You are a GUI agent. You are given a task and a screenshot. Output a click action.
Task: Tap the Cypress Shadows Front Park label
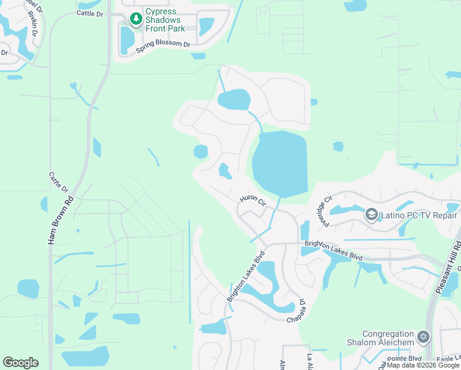[x=165, y=20]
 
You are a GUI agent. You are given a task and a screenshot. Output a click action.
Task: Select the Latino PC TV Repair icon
[x=371, y=215]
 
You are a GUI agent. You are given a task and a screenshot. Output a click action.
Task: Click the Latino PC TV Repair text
[x=419, y=215]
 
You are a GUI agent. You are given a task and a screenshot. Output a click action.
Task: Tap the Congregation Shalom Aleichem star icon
[x=423, y=337]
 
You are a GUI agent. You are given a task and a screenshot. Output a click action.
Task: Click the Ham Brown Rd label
[x=60, y=220]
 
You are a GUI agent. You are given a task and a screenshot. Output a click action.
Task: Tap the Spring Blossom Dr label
[x=163, y=44]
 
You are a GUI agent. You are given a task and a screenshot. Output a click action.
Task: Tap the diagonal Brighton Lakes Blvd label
[x=245, y=276]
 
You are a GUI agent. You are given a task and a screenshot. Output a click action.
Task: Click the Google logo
[x=20, y=363]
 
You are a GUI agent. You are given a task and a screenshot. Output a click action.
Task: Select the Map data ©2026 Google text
[x=423, y=366]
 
